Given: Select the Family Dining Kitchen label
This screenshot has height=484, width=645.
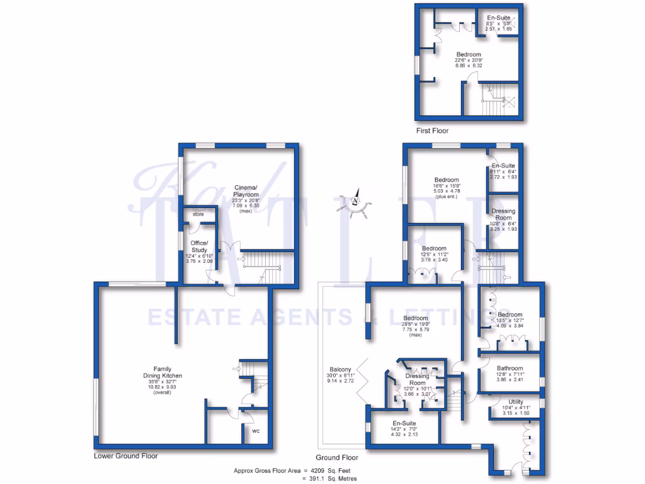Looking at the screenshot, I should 163,372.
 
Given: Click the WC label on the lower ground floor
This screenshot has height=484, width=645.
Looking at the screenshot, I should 256,432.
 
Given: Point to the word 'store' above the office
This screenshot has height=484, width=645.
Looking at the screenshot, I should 198,215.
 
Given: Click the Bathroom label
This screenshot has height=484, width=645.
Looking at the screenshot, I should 510,368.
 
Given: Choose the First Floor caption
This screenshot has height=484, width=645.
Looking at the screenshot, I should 433,130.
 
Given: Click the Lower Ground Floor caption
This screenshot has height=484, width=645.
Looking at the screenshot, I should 125,456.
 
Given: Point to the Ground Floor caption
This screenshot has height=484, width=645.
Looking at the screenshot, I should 337,458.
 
